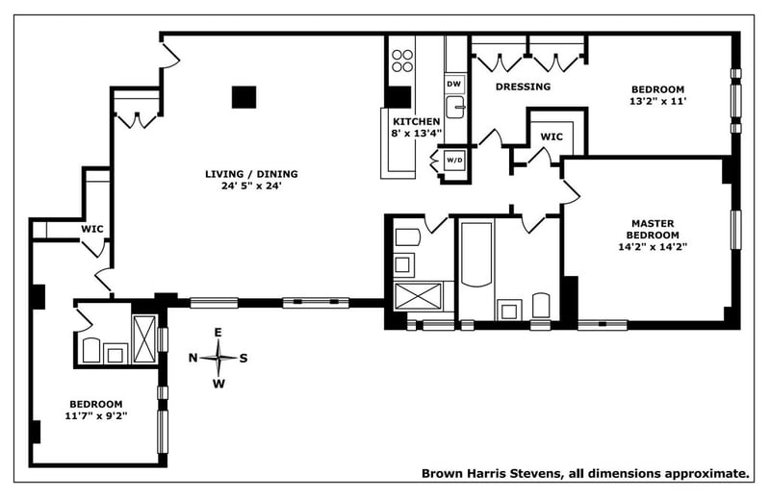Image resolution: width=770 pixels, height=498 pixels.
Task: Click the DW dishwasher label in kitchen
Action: [x=454, y=85]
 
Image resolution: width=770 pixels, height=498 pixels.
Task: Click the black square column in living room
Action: [x=244, y=97]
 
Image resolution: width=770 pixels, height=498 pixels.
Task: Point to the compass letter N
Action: [x=193, y=359]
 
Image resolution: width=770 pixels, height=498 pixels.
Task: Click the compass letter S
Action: [x=244, y=359]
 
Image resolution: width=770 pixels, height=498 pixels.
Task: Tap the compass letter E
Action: [x=218, y=333]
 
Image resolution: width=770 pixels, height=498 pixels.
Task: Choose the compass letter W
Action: [x=218, y=385]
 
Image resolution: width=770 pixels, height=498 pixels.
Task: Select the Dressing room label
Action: [x=523, y=87]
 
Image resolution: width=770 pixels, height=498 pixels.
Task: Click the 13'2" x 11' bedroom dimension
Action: [x=656, y=100]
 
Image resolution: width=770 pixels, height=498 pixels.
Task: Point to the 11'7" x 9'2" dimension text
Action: [x=95, y=416]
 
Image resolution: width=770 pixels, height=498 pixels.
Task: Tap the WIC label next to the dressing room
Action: [x=552, y=137]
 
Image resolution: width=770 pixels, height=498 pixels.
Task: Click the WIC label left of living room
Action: [x=92, y=229]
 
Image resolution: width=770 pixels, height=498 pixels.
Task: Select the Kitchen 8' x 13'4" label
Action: [x=416, y=128]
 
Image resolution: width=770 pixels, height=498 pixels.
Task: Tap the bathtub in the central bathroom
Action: [x=476, y=257]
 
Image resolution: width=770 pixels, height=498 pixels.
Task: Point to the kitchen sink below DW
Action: [x=454, y=106]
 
